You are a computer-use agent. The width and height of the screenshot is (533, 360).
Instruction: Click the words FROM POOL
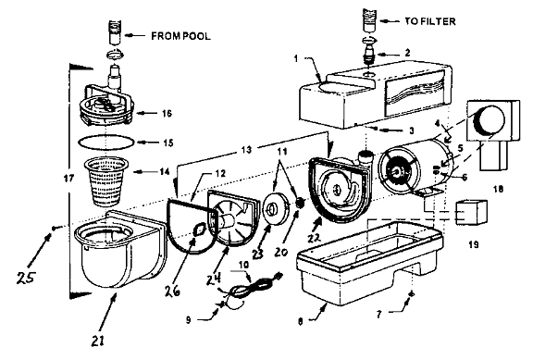pyautogui.click(x=180, y=36)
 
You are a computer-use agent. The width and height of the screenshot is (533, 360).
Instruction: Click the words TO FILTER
pyautogui.click(x=430, y=21)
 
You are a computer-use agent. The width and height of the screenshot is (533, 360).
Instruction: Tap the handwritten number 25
pyautogui.click(x=26, y=278)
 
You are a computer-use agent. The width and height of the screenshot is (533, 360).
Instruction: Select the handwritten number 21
pyautogui.click(x=98, y=341)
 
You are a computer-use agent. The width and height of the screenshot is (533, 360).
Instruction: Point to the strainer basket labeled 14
pyautogui.click(x=106, y=181)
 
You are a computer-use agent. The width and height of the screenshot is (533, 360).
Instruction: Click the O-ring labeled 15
pyautogui.click(x=106, y=142)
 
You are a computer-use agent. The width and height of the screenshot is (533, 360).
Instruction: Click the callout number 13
pyautogui.click(x=246, y=150)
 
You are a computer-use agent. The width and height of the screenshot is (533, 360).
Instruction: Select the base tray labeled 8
pyautogui.click(x=370, y=262)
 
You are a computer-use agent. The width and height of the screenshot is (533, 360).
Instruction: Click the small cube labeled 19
pyautogui.click(x=473, y=212)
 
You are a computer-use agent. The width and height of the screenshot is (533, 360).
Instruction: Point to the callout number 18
pyautogui.click(x=498, y=189)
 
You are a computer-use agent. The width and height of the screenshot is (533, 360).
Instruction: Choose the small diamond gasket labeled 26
pyautogui.click(x=199, y=230)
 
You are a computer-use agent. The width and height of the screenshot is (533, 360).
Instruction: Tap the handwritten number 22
pyautogui.click(x=314, y=238)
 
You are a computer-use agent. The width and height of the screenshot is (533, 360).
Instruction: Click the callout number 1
pyautogui.click(x=296, y=58)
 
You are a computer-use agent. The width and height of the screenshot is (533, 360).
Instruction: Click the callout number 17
pyautogui.click(x=68, y=178)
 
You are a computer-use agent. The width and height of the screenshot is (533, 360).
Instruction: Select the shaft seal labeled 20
pyautogui.click(x=299, y=203)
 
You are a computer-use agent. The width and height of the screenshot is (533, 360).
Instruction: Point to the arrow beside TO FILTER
pyautogui.click(x=390, y=21)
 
